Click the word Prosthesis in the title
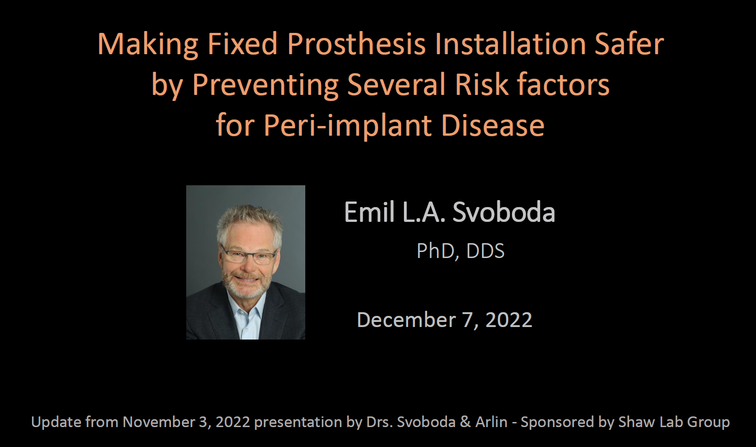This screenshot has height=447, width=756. point(356,44)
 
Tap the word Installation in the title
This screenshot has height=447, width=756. point(510,44)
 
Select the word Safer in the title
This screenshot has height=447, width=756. point(630,44)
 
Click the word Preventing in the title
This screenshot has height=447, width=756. point(265,85)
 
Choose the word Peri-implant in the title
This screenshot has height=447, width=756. point(347,126)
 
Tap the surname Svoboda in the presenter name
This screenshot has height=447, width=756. point(504,212)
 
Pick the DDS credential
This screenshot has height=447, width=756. point(485,251)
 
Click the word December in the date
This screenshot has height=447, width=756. point(406,320)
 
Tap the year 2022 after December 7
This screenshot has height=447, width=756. point(509,320)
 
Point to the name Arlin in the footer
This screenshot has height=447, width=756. point(491,422)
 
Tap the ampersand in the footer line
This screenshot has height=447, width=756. point(466,422)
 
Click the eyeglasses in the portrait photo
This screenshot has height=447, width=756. point(249,255)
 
